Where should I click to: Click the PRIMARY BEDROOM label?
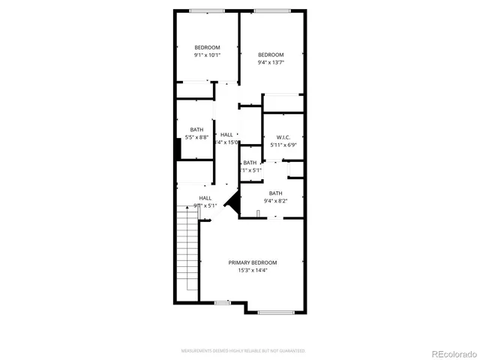[x=253, y=262]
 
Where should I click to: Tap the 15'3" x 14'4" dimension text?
[x=253, y=270]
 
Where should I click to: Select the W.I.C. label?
[x=283, y=136]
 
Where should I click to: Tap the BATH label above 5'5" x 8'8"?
[x=196, y=129]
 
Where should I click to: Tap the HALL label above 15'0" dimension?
[x=226, y=135]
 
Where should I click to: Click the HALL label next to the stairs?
[x=205, y=198]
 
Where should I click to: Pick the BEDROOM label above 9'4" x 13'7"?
[x=271, y=54]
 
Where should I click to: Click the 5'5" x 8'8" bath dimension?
[x=199, y=137]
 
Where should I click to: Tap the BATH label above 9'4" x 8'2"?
[x=275, y=193]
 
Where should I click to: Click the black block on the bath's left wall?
[x=178, y=148]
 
